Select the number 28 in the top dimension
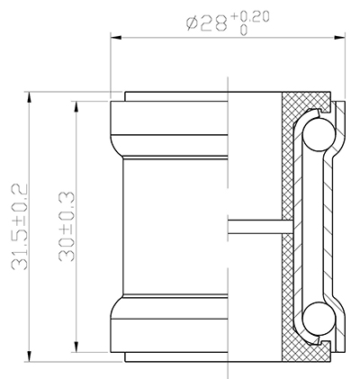213,24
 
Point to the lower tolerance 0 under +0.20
244,30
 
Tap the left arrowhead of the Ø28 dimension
115,37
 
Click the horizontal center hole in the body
256,225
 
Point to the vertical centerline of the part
228,180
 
